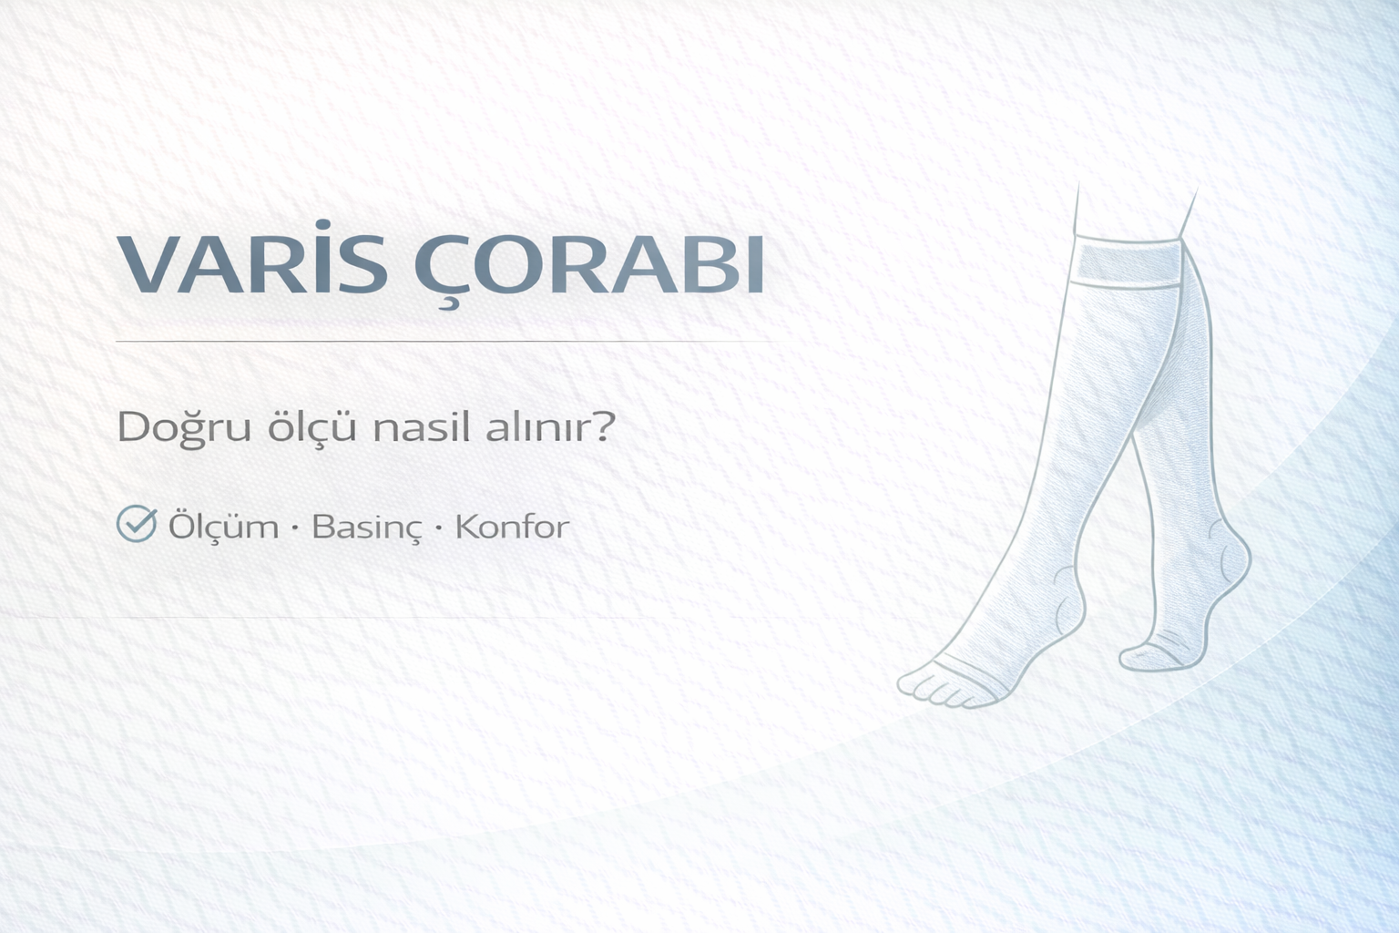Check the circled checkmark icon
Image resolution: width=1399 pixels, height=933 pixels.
(138, 524)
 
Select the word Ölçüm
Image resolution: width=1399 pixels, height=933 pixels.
(224, 527)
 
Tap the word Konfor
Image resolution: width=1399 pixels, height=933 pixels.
(512, 527)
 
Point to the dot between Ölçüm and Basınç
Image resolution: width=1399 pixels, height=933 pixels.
(296, 528)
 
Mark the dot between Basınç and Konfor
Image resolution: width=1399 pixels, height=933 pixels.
(439, 528)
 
